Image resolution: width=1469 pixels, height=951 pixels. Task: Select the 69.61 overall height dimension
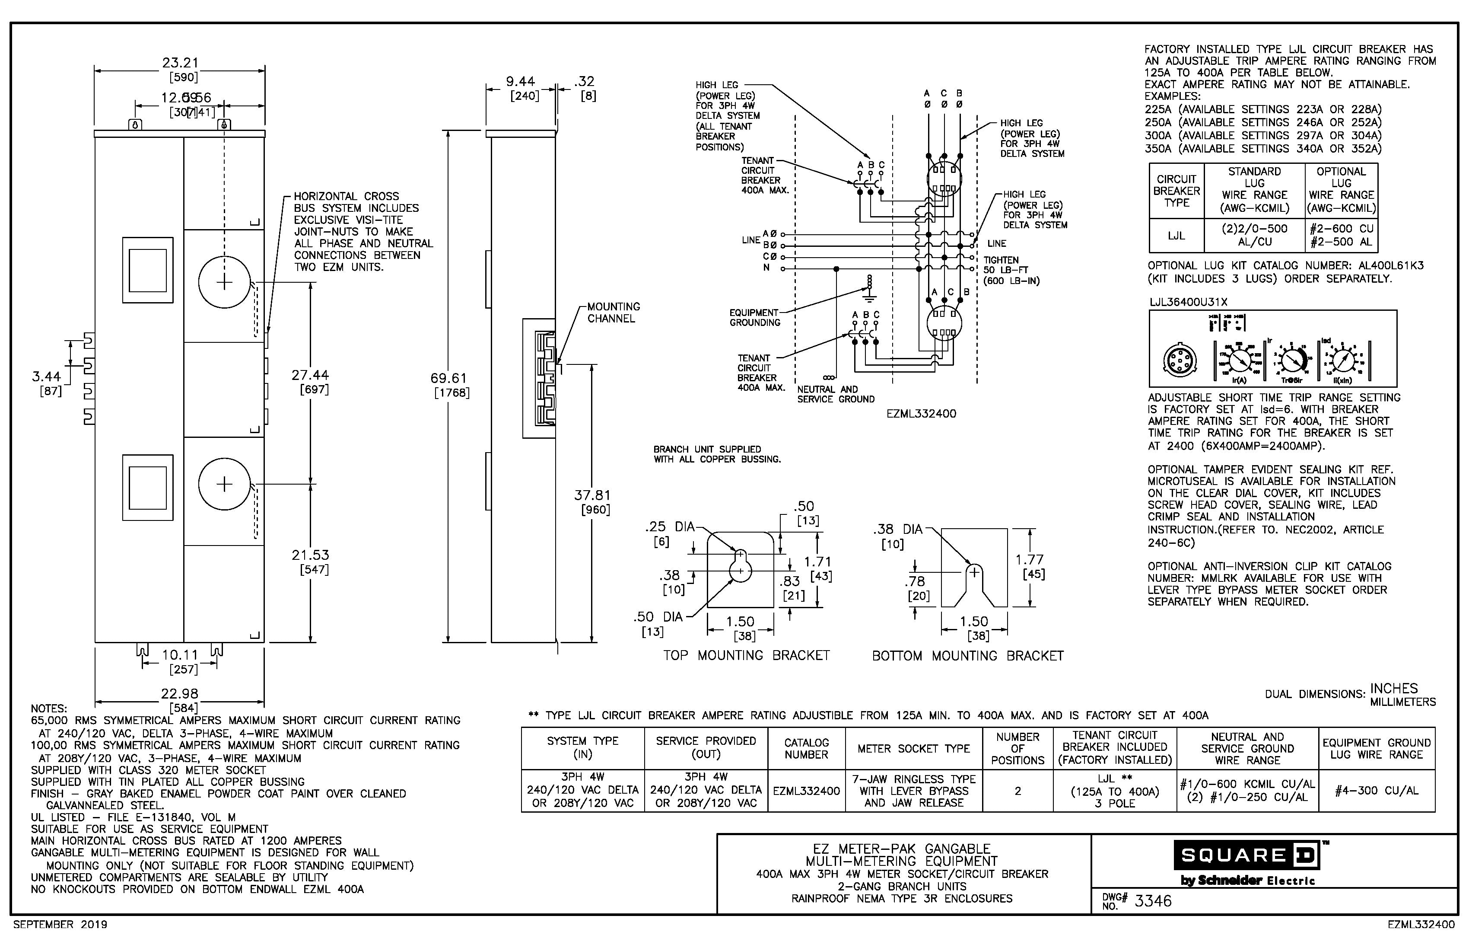[x=449, y=378]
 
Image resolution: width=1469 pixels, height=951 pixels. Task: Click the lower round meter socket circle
[x=225, y=484]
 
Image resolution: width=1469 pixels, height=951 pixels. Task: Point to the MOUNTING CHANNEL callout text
[x=613, y=313]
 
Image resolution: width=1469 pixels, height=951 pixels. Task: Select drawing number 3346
[x=1152, y=901]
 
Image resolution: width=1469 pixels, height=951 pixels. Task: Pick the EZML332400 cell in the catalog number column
[x=806, y=791]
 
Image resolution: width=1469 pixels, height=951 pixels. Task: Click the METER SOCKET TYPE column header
[x=913, y=748]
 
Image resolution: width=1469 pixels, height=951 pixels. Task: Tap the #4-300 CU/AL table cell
[x=1377, y=791]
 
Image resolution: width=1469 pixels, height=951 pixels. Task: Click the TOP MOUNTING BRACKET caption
[x=746, y=655]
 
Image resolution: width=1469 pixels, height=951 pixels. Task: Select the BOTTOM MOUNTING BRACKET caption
[x=967, y=656]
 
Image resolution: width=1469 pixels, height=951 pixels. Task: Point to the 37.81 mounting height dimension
[x=592, y=495]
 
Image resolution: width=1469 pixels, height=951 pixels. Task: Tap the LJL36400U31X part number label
[x=1188, y=302]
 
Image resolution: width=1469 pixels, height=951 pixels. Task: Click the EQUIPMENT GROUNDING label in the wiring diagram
[x=754, y=317]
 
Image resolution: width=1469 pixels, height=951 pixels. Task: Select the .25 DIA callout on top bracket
[x=670, y=527]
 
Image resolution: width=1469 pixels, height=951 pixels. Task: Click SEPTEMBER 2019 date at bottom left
[x=60, y=925]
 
